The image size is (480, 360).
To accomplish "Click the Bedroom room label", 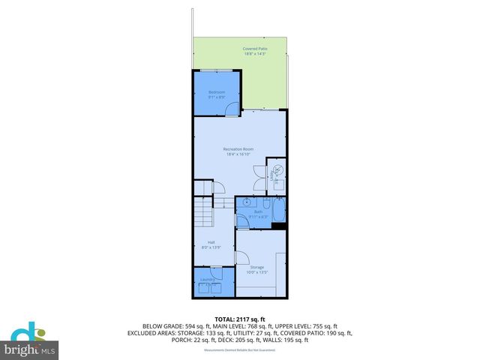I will (x=217, y=91).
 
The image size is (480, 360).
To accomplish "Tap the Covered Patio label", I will (x=255, y=49).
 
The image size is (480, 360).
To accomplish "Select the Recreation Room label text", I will (x=238, y=148).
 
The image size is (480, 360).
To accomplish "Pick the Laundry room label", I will (x=208, y=280).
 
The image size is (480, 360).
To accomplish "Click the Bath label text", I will (x=258, y=212).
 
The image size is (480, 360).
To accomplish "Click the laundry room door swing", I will (x=217, y=274).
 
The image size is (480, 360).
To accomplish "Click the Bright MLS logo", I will (x=30, y=341).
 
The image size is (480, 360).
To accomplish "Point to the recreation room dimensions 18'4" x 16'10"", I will (x=238, y=154).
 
